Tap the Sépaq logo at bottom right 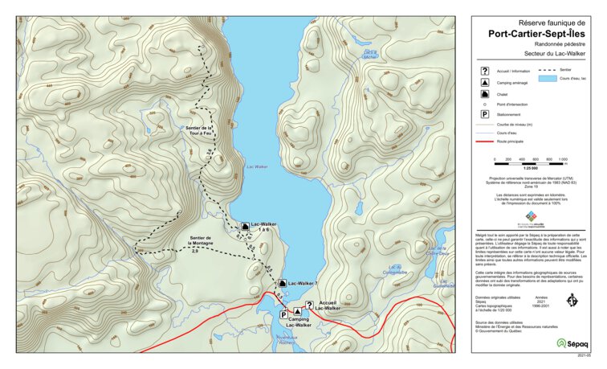pos(572,342)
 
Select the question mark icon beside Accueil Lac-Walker pos(309,305)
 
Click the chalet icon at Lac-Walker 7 pos(281,283)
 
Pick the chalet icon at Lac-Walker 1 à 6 pos(245,226)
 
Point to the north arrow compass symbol pos(572,299)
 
